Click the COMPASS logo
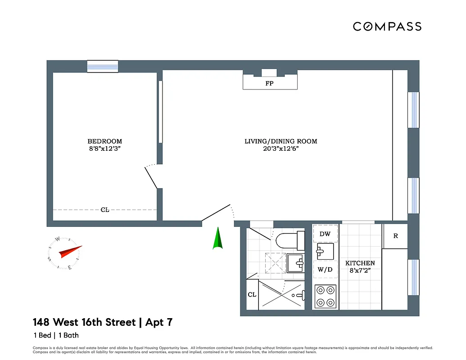387,27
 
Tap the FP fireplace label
269,83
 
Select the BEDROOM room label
104,141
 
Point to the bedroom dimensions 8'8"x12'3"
104,149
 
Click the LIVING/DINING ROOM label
281,141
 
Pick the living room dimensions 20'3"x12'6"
281,149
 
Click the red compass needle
70,252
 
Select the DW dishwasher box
325,234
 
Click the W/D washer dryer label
325,270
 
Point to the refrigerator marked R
395,236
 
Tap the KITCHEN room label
360,263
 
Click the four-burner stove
325,296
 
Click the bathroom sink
296,263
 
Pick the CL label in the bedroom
104,210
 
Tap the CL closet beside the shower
252,295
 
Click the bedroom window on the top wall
103,66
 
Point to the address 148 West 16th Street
84,322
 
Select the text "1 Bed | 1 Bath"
56,335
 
